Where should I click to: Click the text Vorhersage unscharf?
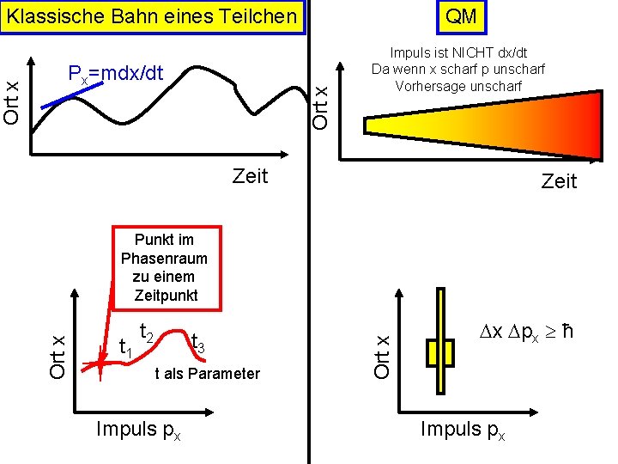457,86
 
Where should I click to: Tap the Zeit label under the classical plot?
250,176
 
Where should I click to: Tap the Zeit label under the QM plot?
559,181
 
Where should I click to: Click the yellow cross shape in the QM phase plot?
440,351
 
